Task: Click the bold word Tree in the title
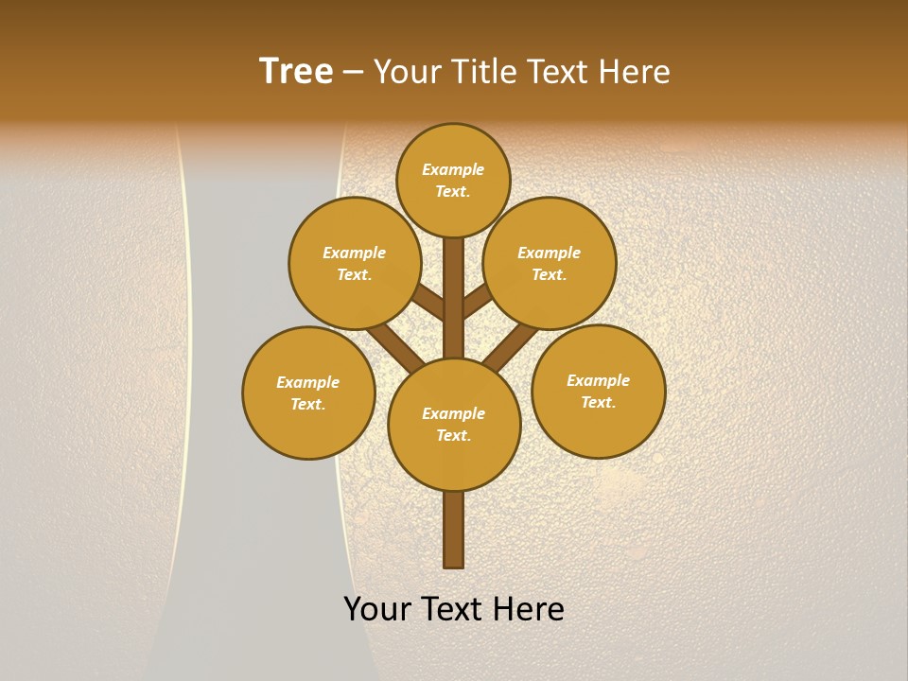click(296, 72)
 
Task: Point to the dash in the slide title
click(354, 73)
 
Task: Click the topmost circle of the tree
click(453, 180)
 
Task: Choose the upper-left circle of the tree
click(355, 263)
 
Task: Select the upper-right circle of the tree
click(550, 263)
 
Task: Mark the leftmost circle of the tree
click(308, 393)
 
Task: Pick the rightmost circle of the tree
click(598, 391)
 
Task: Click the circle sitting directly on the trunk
click(454, 424)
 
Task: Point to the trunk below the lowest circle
click(454, 530)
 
